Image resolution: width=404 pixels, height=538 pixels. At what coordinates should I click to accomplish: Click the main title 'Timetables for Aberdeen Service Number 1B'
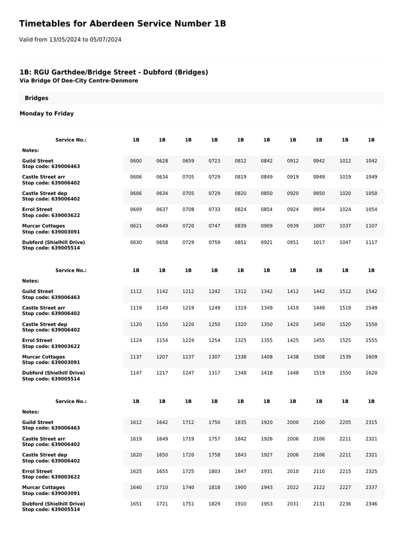[123, 24]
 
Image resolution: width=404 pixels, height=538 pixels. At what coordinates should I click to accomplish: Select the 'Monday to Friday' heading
[47, 113]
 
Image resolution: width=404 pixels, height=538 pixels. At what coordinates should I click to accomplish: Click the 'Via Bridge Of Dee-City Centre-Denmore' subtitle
[79, 81]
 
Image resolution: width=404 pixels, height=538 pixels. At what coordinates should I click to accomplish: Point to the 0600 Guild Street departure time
[136, 161]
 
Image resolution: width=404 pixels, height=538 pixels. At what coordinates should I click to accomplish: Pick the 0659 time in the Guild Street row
[188, 161]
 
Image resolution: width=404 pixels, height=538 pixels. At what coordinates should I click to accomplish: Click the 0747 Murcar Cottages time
[214, 226]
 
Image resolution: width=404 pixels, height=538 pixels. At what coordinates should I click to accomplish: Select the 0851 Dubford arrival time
[240, 242]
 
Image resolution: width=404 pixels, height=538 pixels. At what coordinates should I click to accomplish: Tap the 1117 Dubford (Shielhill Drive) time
[371, 242]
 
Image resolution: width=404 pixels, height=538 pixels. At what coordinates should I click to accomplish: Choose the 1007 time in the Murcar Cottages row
[319, 226]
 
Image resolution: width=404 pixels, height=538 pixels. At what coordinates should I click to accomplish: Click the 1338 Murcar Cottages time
[240, 357]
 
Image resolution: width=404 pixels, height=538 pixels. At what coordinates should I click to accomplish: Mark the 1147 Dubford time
[136, 373]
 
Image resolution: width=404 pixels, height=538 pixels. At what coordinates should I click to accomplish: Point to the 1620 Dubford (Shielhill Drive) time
[371, 373]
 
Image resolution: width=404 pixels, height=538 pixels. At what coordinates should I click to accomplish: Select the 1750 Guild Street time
[214, 422]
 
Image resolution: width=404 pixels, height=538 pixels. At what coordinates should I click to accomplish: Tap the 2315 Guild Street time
[371, 422]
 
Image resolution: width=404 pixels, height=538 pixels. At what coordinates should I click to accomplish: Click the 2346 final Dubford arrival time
[371, 504]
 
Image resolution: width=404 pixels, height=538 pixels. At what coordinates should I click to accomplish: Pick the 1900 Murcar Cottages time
[240, 488]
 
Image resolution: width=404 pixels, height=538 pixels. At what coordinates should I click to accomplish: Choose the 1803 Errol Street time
[214, 471]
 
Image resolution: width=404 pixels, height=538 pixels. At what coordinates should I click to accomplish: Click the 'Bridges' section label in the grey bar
[37, 98]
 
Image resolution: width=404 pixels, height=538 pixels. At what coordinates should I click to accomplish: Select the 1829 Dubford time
[214, 504]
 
